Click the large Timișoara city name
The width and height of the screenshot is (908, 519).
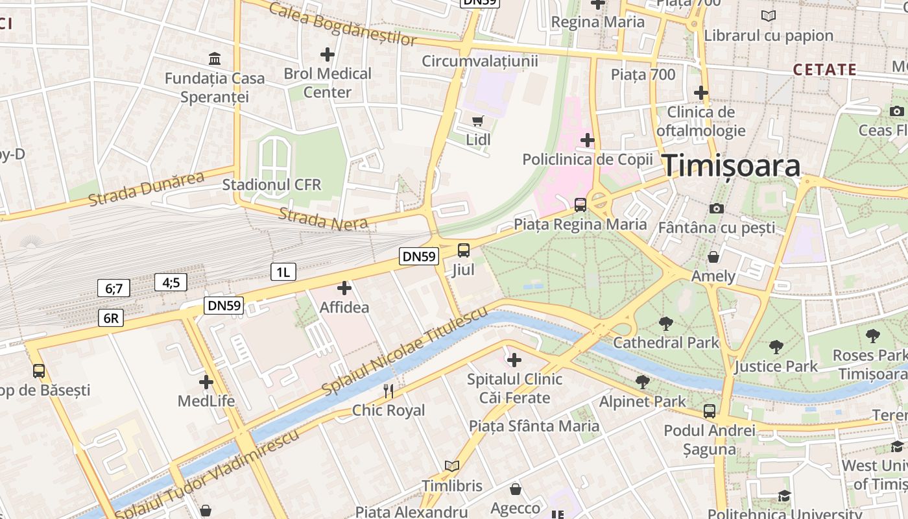pyautogui.click(x=731, y=166)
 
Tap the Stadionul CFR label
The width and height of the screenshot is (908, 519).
pyautogui.click(x=271, y=185)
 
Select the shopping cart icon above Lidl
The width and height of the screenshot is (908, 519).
pyautogui.click(x=478, y=120)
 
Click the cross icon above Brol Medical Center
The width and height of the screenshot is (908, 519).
pyautogui.click(x=328, y=54)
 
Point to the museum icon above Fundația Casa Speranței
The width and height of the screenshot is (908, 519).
pyautogui.click(x=215, y=59)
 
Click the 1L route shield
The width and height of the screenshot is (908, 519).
pyautogui.click(x=283, y=272)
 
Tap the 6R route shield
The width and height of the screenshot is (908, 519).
pyautogui.click(x=110, y=318)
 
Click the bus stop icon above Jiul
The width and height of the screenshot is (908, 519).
pyautogui.click(x=463, y=250)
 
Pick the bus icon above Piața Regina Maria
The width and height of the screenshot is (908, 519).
pyautogui.click(x=580, y=205)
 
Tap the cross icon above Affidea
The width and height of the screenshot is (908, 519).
pyautogui.click(x=344, y=288)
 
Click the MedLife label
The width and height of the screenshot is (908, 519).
pyautogui.click(x=206, y=401)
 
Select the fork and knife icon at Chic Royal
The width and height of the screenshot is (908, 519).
pyautogui.click(x=388, y=391)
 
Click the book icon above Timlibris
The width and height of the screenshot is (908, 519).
pyautogui.click(x=452, y=466)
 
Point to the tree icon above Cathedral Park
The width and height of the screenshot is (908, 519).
pyautogui.click(x=665, y=323)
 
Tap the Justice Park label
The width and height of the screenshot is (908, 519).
pyautogui.click(x=776, y=367)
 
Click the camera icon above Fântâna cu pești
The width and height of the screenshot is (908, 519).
pyautogui.click(x=716, y=208)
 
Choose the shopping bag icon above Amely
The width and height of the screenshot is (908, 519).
pyautogui.click(x=713, y=257)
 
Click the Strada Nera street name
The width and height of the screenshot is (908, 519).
pyautogui.click(x=323, y=219)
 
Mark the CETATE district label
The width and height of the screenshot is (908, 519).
pyautogui.click(x=824, y=69)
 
